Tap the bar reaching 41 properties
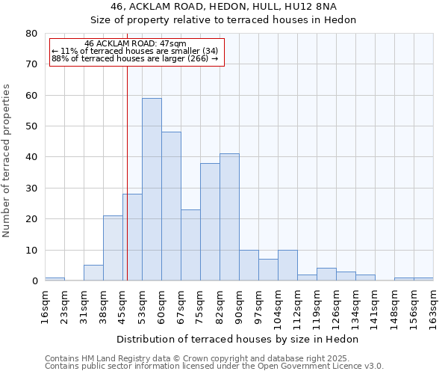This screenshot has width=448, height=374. (229, 217)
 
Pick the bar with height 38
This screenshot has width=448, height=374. (210, 222)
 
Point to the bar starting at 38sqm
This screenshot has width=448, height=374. (113, 248)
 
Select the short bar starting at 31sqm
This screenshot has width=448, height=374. (93, 273)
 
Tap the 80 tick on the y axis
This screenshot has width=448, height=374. (31, 34)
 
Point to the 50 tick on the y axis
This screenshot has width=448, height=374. (31, 126)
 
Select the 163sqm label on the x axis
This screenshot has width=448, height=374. (433, 307)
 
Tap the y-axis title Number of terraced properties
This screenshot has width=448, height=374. (7, 161)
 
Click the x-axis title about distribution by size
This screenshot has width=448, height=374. (237, 339)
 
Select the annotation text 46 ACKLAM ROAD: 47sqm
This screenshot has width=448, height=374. (135, 44)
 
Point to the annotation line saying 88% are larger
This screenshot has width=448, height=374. (134, 58)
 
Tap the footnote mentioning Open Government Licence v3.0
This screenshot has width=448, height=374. (214, 366)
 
